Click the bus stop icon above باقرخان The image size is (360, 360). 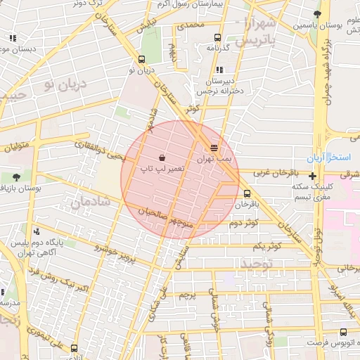246,193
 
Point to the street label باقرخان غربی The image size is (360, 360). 276,172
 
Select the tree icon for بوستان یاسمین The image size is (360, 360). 318,14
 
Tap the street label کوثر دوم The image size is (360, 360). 243,223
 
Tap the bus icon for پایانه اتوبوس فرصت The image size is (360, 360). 342,332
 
